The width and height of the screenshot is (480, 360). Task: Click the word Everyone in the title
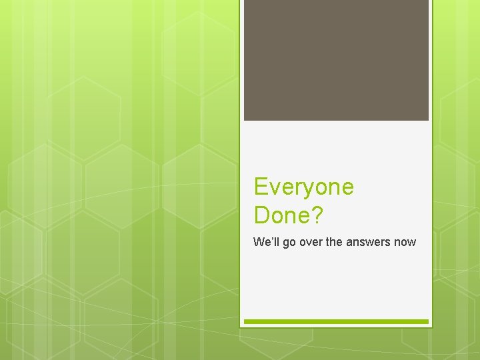tap(304, 187)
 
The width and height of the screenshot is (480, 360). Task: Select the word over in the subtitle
tap(311, 242)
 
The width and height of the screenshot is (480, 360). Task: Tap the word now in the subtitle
tap(405, 242)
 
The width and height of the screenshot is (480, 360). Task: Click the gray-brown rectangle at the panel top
tap(336, 60)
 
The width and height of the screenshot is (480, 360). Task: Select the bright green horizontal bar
tap(336, 321)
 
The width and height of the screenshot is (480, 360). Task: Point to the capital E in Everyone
tap(261, 187)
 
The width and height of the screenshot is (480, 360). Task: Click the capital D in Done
tap(262, 215)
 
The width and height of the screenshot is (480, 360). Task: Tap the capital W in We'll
tap(258, 242)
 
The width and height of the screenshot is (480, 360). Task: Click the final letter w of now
tap(412, 243)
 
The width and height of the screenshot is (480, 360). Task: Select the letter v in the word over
tap(307, 243)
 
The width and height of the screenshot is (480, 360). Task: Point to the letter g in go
tap(285, 244)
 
